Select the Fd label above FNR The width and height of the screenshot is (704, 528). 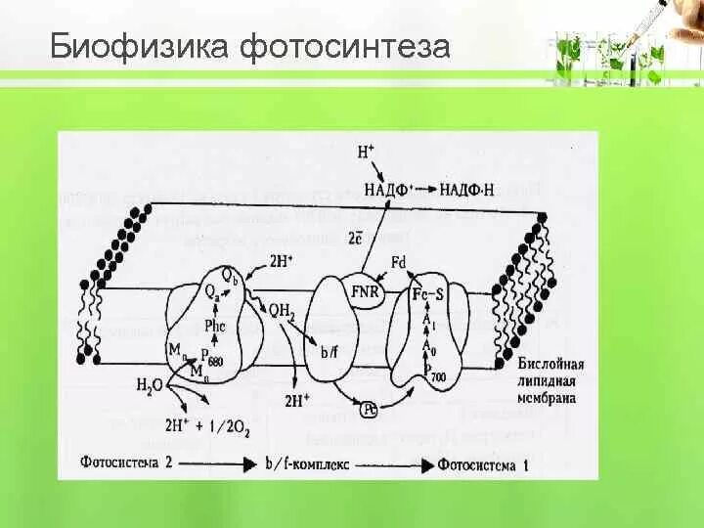tap(398, 263)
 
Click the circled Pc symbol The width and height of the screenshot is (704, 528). tap(371, 408)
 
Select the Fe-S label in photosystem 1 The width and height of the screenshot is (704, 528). tap(427, 293)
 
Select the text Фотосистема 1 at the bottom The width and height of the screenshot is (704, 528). tap(489, 465)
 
